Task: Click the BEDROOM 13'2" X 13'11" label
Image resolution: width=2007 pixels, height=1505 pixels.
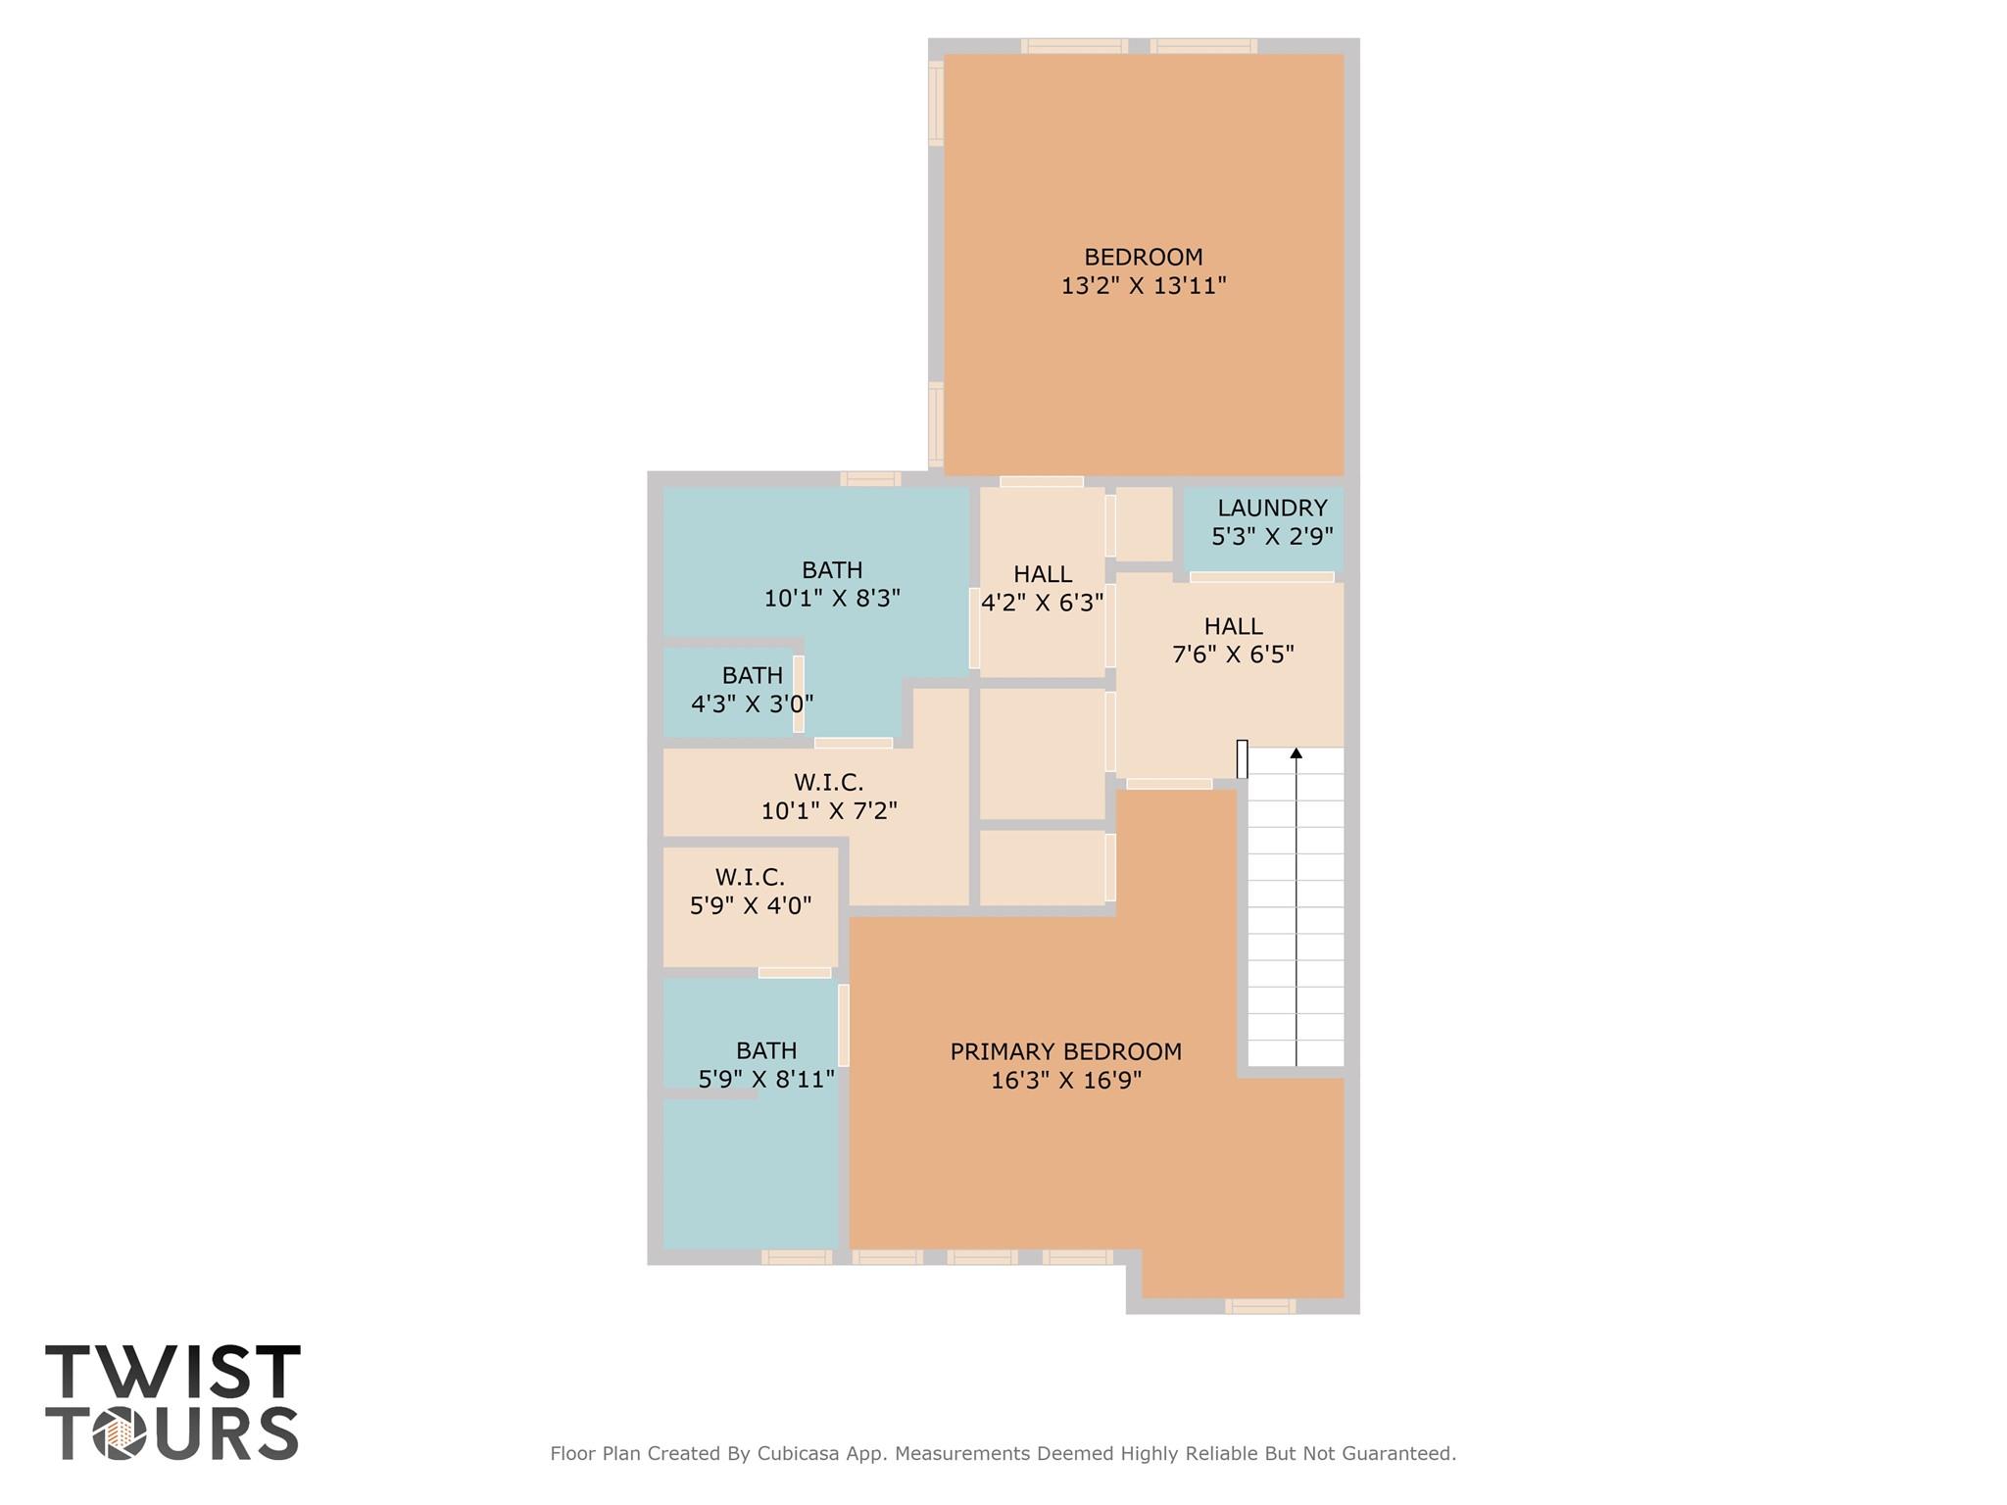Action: [x=1143, y=271]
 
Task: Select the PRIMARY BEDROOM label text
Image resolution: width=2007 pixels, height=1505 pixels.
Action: [x=1065, y=1052]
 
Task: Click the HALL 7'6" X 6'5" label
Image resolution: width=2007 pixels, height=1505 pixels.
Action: [x=1233, y=640]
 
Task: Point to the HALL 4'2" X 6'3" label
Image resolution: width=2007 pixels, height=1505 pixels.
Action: [x=1042, y=588]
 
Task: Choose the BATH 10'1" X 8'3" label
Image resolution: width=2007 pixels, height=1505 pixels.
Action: [x=832, y=584]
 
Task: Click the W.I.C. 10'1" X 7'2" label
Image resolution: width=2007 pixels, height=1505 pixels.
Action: [x=829, y=797]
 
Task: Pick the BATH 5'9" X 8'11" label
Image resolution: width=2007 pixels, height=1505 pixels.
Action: [x=765, y=1065]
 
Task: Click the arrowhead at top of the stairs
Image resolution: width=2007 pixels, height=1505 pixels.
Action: [x=1296, y=752]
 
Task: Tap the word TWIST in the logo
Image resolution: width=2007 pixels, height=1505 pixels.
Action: [x=172, y=1373]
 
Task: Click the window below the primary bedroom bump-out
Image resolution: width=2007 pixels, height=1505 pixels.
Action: [x=1260, y=1305]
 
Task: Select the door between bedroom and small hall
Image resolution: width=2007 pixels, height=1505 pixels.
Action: [x=1041, y=481]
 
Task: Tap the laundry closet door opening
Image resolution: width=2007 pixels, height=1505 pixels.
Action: [x=1261, y=577]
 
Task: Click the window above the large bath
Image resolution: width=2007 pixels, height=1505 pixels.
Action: [x=870, y=479]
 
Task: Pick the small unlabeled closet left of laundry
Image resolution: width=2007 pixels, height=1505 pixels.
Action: [x=1144, y=524]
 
